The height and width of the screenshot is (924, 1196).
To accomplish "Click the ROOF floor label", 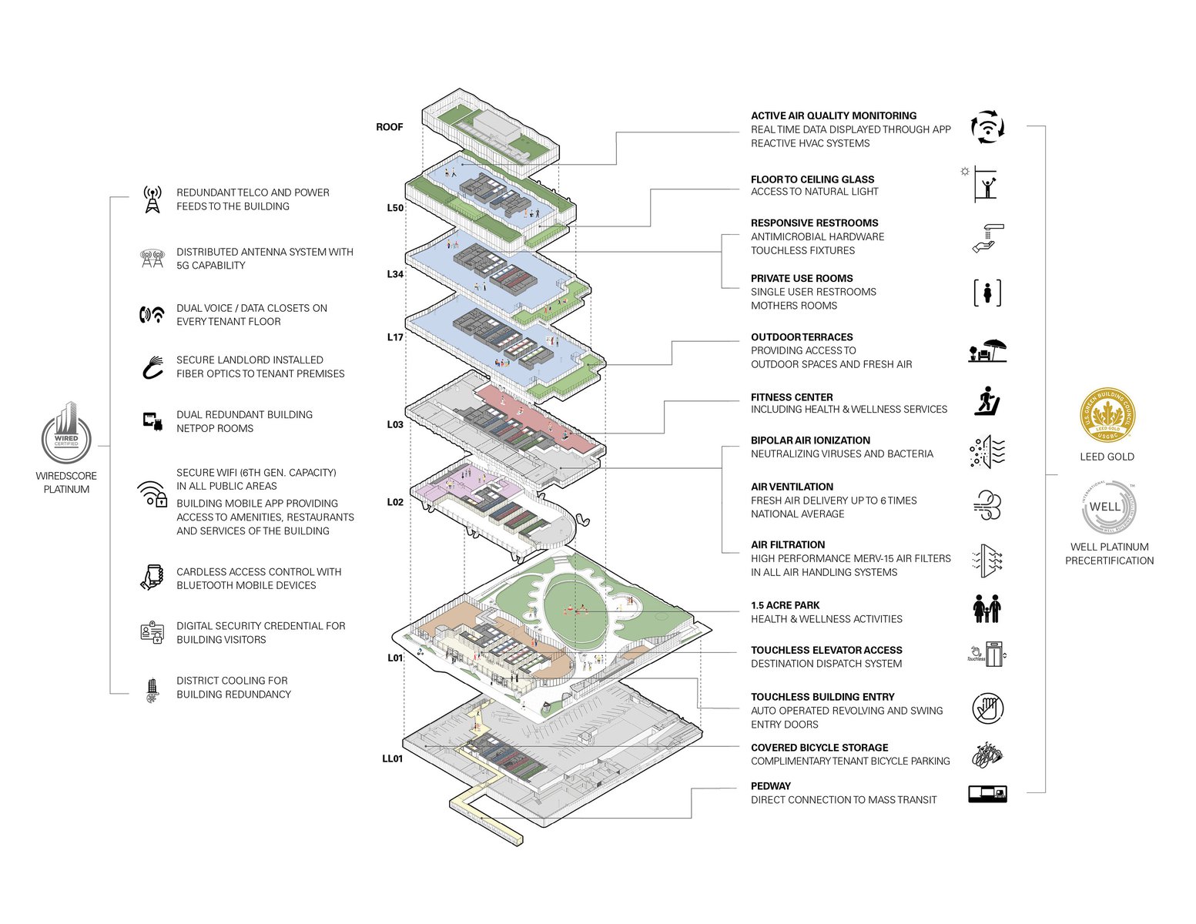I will pyautogui.click(x=389, y=127).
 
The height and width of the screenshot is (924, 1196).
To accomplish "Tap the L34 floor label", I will pyautogui.click(x=394, y=274).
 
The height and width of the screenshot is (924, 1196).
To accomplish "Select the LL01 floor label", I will pyautogui.click(x=392, y=758).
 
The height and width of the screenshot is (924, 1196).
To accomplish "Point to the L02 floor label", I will pyautogui.click(x=394, y=502).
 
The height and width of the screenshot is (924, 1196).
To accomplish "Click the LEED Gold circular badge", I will pyautogui.click(x=1107, y=417).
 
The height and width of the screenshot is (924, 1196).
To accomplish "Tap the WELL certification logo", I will pyautogui.click(x=1107, y=507).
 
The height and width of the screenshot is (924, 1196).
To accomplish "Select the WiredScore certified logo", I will pyautogui.click(x=66, y=434).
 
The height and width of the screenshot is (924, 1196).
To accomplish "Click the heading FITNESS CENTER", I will pyautogui.click(x=792, y=397).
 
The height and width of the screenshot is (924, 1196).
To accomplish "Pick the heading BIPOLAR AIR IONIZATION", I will pyautogui.click(x=810, y=440).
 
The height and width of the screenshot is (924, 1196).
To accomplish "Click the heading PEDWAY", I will pyautogui.click(x=771, y=786).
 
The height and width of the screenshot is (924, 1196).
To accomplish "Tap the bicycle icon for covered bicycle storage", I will pyautogui.click(x=987, y=755).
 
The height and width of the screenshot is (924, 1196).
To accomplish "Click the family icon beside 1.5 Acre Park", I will pyautogui.click(x=987, y=608).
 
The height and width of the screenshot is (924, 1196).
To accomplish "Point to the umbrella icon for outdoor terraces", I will pyautogui.click(x=988, y=351).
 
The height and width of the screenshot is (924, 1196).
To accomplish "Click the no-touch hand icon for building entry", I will pyautogui.click(x=987, y=708).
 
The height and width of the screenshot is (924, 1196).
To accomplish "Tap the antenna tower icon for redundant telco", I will pyautogui.click(x=152, y=199).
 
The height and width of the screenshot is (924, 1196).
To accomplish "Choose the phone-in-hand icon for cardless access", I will pyautogui.click(x=152, y=577).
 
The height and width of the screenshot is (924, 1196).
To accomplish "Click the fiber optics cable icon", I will pyautogui.click(x=153, y=367).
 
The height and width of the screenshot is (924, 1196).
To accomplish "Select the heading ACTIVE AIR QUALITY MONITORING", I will pyautogui.click(x=833, y=116).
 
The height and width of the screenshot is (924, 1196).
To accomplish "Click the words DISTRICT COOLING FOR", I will pyautogui.click(x=232, y=681).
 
